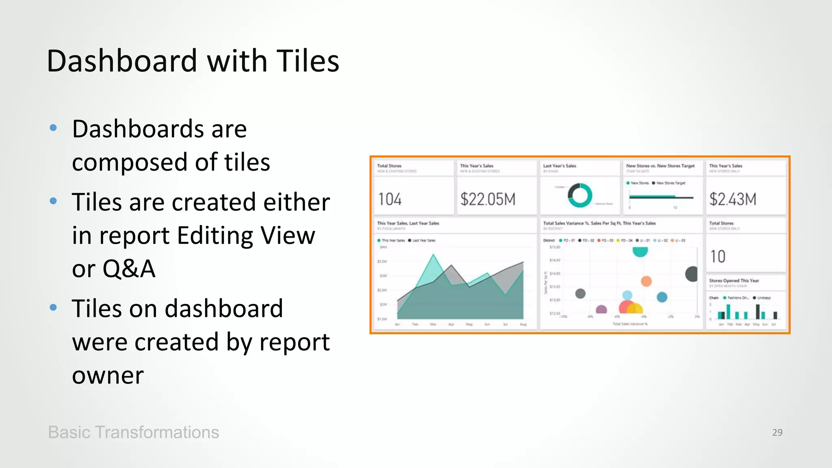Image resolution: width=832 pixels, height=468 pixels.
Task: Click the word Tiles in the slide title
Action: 308,61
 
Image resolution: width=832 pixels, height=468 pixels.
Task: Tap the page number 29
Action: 777,432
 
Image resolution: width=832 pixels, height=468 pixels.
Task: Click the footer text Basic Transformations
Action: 133,432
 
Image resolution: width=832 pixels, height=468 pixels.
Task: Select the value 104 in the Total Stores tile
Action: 390,199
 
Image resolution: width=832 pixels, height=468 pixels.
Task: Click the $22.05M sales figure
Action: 487,199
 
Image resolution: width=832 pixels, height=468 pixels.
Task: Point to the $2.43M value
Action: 732,199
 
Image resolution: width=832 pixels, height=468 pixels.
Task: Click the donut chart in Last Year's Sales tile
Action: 580,195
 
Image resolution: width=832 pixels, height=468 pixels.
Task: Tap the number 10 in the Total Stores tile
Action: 718,257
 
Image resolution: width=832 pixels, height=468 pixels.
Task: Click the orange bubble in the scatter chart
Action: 646,281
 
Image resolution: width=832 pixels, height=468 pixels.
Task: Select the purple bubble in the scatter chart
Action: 601,310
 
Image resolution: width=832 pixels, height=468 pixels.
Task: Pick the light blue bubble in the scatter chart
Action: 627,295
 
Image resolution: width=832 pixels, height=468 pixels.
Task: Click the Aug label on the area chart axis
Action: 523,325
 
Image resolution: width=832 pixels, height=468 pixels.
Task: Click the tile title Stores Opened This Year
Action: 734,281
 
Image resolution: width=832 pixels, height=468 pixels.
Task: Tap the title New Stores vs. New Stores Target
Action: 660,166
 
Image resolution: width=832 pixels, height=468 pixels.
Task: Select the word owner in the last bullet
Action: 108,375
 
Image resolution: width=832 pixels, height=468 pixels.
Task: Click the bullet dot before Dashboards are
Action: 53,128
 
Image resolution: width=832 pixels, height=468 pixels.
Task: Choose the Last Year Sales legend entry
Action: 423,240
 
